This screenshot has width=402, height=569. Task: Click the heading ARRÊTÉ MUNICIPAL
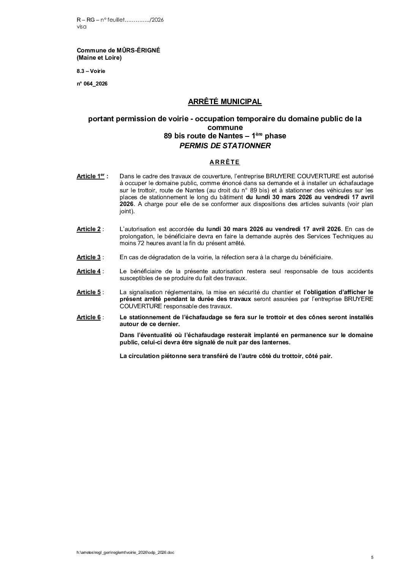point(225,102)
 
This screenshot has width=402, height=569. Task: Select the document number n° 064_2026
point(92,84)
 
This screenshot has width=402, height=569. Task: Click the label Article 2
point(89,229)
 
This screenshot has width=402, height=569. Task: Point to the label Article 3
point(89,257)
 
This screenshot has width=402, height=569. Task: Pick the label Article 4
point(89,271)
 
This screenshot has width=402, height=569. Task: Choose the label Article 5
point(89,292)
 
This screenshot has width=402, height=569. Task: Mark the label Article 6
point(89,317)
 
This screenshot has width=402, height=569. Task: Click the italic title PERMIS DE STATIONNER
point(225,146)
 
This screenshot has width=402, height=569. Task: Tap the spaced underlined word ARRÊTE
point(225,162)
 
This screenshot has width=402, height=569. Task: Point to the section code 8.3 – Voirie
point(91,71)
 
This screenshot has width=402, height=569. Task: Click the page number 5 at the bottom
point(372,558)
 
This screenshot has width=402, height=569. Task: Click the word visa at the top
point(81,27)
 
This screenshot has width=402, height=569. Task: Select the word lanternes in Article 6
point(276,342)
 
